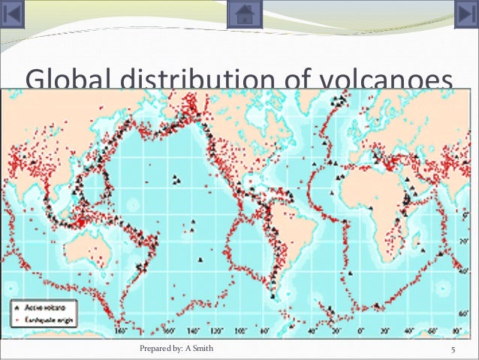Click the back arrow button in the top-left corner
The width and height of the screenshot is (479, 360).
tap(14, 14)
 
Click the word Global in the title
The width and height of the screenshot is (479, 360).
tap(64, 80)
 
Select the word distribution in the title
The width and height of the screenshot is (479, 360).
tap(184, 80)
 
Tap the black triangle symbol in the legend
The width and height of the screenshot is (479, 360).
tap(15, 307)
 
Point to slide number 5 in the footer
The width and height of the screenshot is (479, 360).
tap(453, 349)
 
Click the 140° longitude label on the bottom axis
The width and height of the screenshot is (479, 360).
tap(193, 331)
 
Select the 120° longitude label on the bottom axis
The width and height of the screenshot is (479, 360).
tap(216, 331)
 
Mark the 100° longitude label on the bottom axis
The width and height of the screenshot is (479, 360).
tap(239, 331)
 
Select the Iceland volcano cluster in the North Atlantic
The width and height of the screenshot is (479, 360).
tap(342, 98)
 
